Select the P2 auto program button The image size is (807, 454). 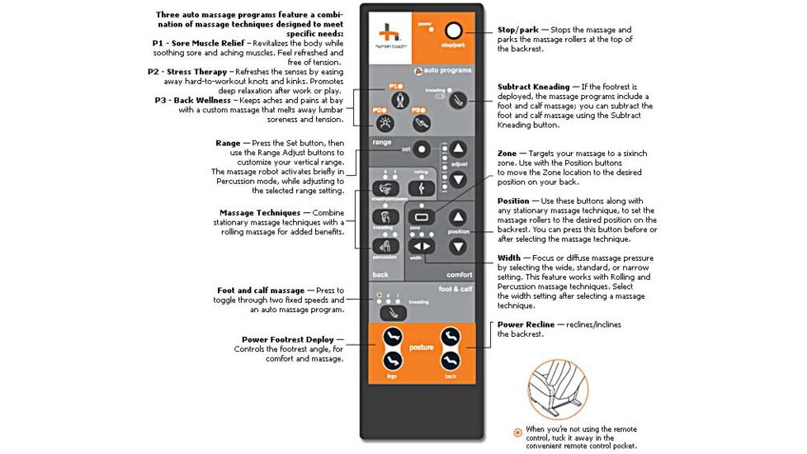coord(384,124)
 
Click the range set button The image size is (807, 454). coord(422,150)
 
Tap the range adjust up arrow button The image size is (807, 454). coord(458,149)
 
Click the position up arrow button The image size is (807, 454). coord(458,218)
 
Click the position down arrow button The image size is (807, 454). coord(458,245)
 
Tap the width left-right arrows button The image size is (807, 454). coord(422,245)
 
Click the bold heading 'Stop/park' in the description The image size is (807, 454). coord(517,30)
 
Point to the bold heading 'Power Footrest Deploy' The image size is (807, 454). coord(288,338)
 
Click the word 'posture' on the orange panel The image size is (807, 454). coord(421,348)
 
